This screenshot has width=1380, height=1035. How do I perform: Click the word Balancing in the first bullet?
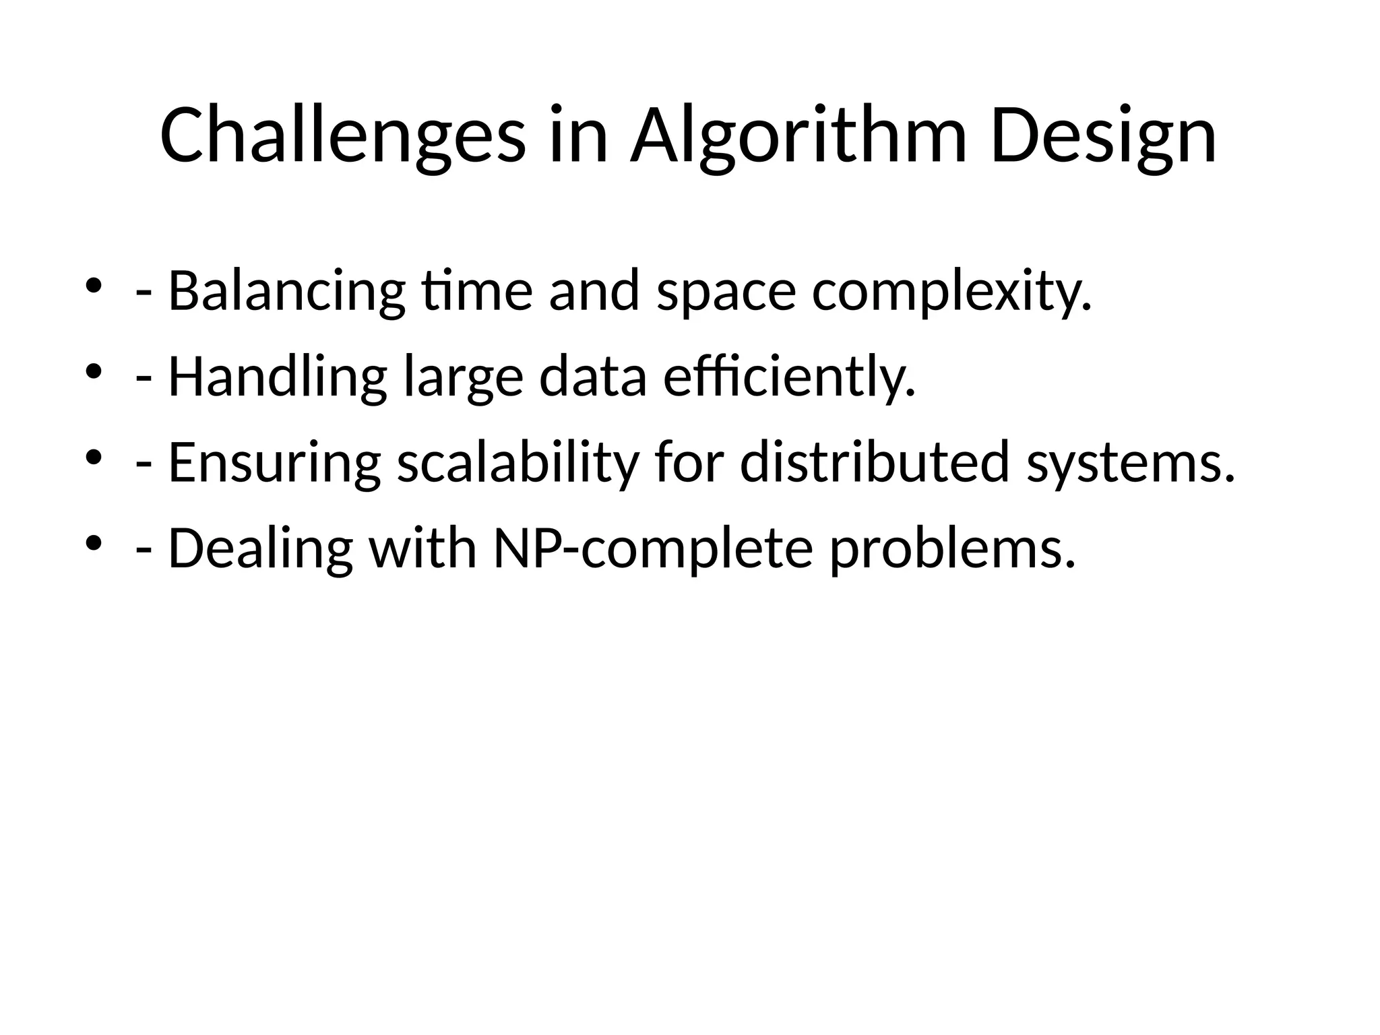pos(286,291)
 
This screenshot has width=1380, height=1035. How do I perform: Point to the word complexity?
pos(951,291)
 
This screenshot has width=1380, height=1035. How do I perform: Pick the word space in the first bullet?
pos(726,291)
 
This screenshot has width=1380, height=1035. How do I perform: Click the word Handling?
pos(277,377)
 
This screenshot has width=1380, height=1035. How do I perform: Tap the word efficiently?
pos(790,377)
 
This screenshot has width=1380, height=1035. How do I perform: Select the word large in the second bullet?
pos(463,377)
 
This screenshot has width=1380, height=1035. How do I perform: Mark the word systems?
pos(1131,462)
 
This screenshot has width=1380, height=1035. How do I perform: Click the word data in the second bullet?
pos(593,377)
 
